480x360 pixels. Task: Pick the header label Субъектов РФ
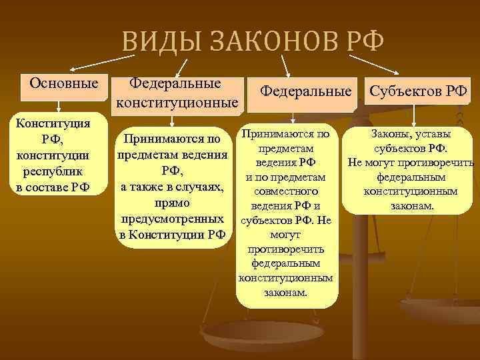pyautogui.click(x=418, y=90)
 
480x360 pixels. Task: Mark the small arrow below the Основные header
pyautogui.click(x=59, y=105)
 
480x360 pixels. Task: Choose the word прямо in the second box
pyautogui.click(x=172, y=202)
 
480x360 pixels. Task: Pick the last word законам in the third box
pyautogui.click(x=285, y=293)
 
